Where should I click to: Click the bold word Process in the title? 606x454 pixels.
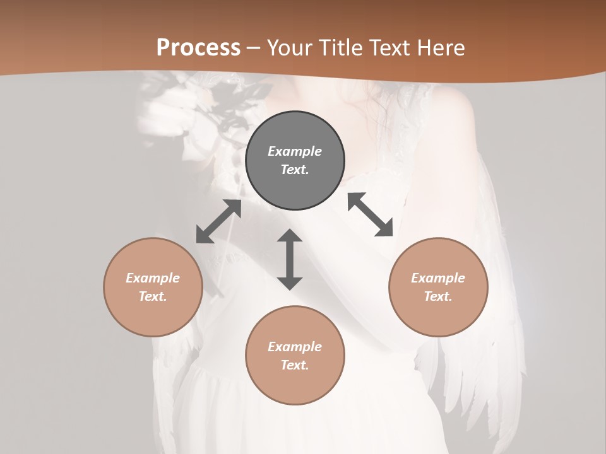198,48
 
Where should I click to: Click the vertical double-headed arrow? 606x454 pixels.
290,259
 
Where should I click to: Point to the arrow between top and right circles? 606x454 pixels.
371,214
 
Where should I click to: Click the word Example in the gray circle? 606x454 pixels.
295,151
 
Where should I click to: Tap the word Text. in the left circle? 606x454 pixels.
153,296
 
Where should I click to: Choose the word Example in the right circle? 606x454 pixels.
438,278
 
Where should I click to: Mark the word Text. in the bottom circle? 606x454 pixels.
295,365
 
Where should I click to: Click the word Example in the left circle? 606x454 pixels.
153,278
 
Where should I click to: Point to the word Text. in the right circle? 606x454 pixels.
438,296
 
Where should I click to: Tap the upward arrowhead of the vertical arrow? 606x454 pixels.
290,236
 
